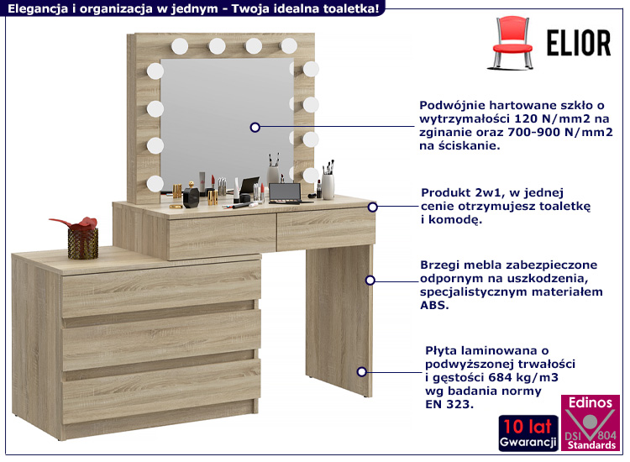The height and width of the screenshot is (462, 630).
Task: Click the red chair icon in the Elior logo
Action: [x=512, y=43]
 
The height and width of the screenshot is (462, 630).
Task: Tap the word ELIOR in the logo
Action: [x=579, y=43]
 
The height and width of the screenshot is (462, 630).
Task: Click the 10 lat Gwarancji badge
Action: [x=528, y=433]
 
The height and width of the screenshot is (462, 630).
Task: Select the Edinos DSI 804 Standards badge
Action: [x=591, y=423]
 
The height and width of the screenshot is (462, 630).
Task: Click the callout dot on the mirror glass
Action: [x=255, y=128]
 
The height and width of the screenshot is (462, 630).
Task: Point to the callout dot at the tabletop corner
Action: [x=372, y=207]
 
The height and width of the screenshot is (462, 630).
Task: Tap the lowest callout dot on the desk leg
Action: [x=361, y=372]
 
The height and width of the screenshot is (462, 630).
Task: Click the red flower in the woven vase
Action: [x=76, y=223]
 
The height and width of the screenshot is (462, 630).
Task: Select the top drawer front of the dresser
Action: [x=161, y=287]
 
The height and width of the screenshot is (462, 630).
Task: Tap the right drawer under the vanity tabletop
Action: [x=326, y=229]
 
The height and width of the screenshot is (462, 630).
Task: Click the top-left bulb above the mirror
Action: [x=180, y=46]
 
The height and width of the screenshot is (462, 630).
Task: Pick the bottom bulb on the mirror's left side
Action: [x=155, y=184]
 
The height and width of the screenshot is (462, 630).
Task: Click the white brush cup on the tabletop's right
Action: [x=328, y=186]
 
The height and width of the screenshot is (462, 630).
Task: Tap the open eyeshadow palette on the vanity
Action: [x=286, y=193]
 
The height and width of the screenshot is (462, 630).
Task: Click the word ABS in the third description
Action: [x=434, y=305]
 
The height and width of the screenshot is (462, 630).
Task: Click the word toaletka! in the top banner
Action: [x=351, y=8]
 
